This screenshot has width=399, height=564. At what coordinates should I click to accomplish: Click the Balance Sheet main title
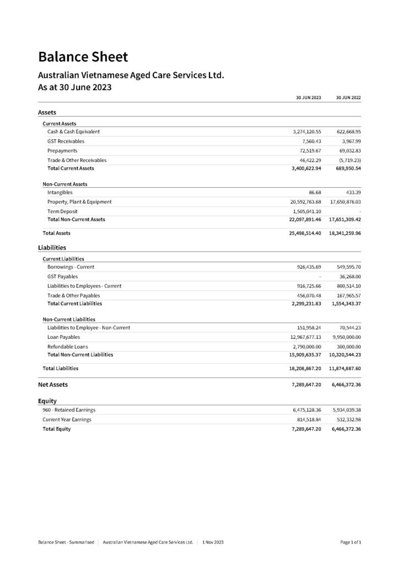pos(83,56)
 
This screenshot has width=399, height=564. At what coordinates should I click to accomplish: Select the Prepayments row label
pos(62,150)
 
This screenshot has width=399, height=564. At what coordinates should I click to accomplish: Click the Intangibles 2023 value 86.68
pos(313,192)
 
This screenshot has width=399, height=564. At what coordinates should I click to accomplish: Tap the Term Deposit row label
pos(62,211)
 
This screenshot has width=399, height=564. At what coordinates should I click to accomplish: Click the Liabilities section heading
pos(52,247)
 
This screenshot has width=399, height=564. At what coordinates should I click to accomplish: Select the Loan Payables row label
pos(63,337)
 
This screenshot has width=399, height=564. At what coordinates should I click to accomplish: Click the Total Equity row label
pos(57,429)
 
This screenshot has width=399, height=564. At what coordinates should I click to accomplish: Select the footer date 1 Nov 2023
pos(213,542)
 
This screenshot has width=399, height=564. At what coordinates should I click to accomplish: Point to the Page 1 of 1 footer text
pos(351,542)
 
